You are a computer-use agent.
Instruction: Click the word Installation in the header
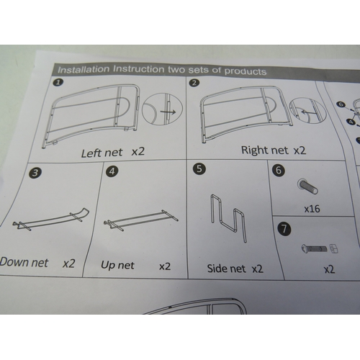(84, 70)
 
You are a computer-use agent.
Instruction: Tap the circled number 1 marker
(58, 82)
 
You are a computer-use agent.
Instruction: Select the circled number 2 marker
(194, 83)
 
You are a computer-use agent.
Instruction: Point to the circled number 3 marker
(35, 173)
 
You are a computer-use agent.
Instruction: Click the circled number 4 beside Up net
(112, 171)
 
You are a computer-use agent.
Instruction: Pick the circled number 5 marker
(199, 168)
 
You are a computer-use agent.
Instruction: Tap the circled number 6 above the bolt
(279, 171)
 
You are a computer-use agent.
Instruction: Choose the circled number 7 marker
(284, 230)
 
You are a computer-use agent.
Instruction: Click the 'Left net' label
(102, 153)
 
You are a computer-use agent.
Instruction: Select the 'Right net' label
(265, 150)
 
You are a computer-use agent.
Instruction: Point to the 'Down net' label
(24, 262)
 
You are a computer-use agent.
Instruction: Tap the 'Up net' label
(117, 265)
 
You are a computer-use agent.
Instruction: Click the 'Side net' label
(227, 269)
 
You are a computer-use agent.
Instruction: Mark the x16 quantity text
(312, 209)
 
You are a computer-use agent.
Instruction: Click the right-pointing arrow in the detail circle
(168, 112)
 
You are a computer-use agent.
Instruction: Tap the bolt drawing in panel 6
(308, 186)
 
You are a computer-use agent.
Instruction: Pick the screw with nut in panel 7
(320, 248)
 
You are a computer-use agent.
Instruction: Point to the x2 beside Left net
(138, 152)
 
